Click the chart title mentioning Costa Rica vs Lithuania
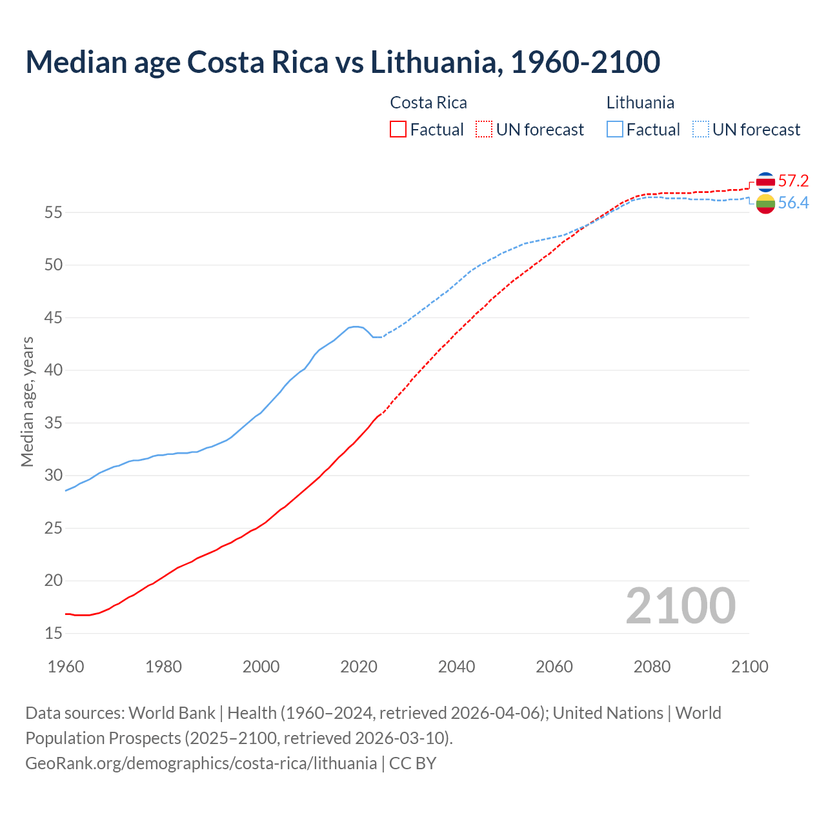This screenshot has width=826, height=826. click(343, 62)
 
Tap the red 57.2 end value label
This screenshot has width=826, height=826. click(793, 181)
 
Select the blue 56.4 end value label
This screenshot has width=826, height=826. click(793, 203)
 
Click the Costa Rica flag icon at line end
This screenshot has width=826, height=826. click(765, 182)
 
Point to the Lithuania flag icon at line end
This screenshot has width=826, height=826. click(765, 204)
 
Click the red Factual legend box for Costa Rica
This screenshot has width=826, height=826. click(398, 130)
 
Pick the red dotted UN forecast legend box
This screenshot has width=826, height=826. click(484, 130)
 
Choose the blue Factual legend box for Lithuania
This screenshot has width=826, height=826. click(615, 130)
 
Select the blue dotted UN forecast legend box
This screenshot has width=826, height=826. click(701, 130)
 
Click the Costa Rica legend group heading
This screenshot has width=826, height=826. click(428, 103)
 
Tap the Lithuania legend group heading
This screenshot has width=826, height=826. click(640, 103)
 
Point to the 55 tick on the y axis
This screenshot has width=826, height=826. click(54, 212)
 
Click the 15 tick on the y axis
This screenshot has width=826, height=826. click(54, 634)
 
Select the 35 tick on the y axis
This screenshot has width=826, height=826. click(54, 423)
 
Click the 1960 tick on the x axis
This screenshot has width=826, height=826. click(66, 667)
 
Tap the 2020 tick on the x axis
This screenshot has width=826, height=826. click(359, 667)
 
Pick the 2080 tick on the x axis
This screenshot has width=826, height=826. click(652, 667)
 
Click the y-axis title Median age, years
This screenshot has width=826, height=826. click(27, 401)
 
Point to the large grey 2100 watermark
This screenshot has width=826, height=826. click(680, 606)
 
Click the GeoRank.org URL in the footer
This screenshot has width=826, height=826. click(201, 763)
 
